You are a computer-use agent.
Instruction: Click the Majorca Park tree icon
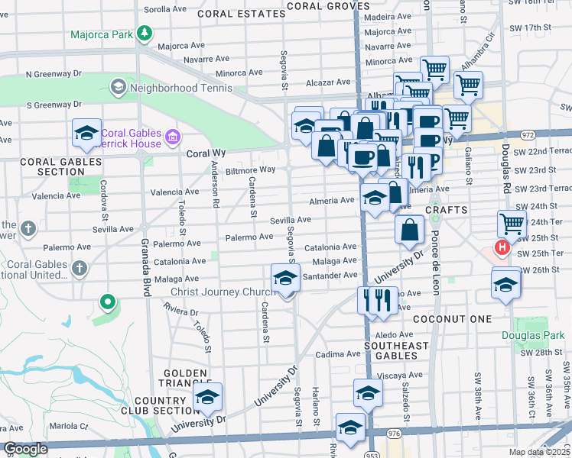[x=143, y=34]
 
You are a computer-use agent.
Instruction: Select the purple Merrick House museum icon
[x=173, y=137]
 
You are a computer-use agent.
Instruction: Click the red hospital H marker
[x=502, y=248]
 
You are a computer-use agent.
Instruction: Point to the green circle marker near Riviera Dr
[x=108, y=302]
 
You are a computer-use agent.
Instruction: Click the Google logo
[x=25, y=450]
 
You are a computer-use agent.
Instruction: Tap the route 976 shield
[x=395, y=433]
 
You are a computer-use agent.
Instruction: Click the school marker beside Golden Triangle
[x=206, y=395]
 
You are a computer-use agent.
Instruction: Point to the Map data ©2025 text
[x=538, y=452]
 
